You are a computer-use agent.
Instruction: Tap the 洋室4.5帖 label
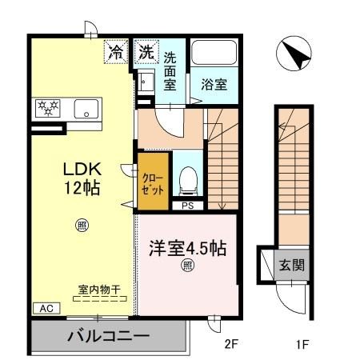point(186,247)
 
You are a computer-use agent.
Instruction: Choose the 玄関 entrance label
point(291,264)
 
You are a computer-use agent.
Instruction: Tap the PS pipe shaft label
point(187,206)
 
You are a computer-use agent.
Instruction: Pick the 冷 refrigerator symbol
point(116,54)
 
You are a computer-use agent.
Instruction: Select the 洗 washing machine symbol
point(146,54)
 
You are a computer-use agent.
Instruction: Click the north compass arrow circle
point(292,54)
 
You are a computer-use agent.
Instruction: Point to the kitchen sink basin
point(85,109)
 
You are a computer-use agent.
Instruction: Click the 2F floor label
point(230,346)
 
